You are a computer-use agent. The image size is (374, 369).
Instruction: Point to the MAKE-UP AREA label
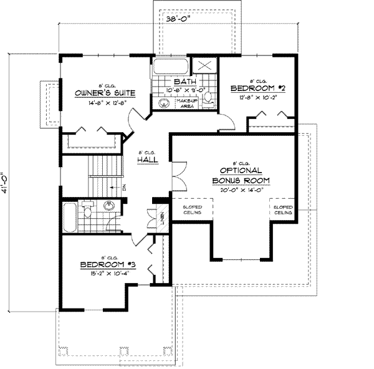(186, 103)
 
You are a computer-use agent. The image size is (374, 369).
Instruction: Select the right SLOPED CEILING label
(282, 209)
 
